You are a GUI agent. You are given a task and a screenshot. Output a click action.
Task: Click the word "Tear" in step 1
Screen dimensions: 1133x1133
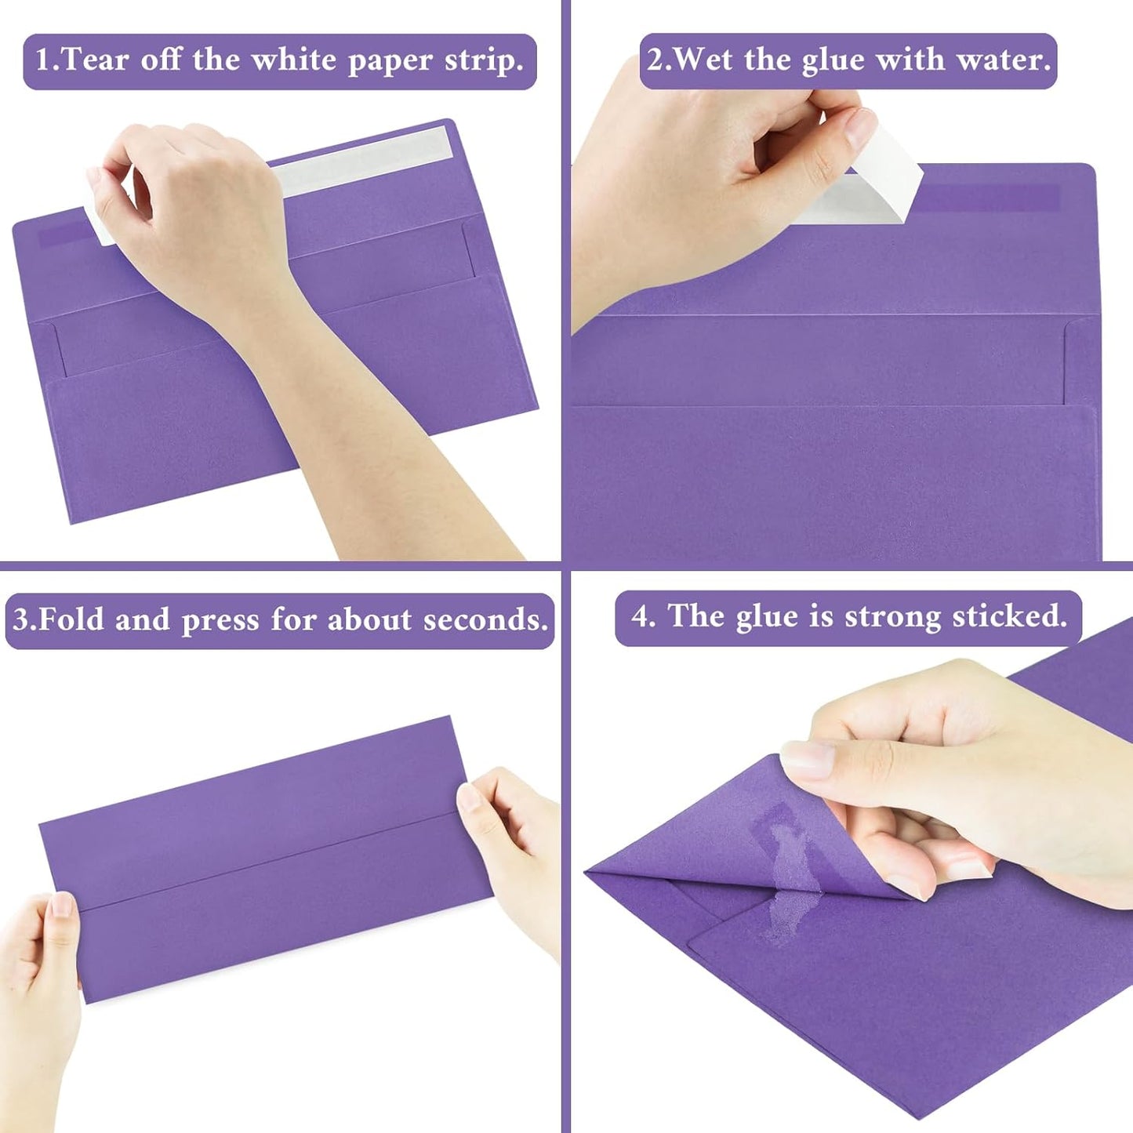pos(94,60)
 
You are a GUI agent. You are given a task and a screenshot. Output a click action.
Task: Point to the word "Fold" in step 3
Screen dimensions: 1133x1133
pos(71,620)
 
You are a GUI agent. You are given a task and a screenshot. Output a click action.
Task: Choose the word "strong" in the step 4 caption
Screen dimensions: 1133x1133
pos(892,617)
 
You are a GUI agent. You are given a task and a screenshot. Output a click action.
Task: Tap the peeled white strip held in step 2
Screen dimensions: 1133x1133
pos(886,176)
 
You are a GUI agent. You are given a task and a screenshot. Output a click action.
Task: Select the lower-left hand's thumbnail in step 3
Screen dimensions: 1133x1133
pos(61,906)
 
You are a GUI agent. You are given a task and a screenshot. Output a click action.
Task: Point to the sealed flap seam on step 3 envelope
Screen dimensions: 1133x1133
pos(267,860)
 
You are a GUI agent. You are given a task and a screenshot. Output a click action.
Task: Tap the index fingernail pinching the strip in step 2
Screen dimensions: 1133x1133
pos(860,127)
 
